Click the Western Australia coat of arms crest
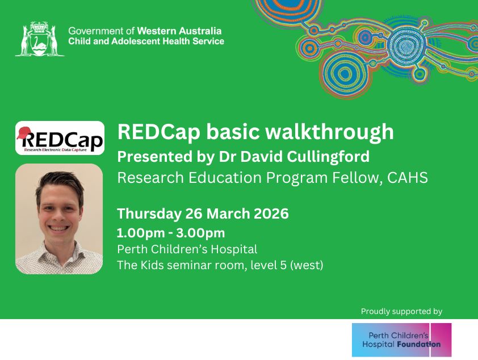point(40,39)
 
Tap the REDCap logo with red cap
point(60,138)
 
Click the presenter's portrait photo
point(59,219)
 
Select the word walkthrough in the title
point(329,132)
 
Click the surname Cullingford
point(328,157)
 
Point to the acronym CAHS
point(408,178)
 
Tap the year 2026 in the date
point(271,214)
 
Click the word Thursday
point(149,214)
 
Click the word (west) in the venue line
point(307,265)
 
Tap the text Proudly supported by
point(401,312)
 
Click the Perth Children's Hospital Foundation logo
point(401,340)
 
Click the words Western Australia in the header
point(179,31)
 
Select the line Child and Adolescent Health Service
point(146,41)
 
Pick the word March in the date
point(230,214)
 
